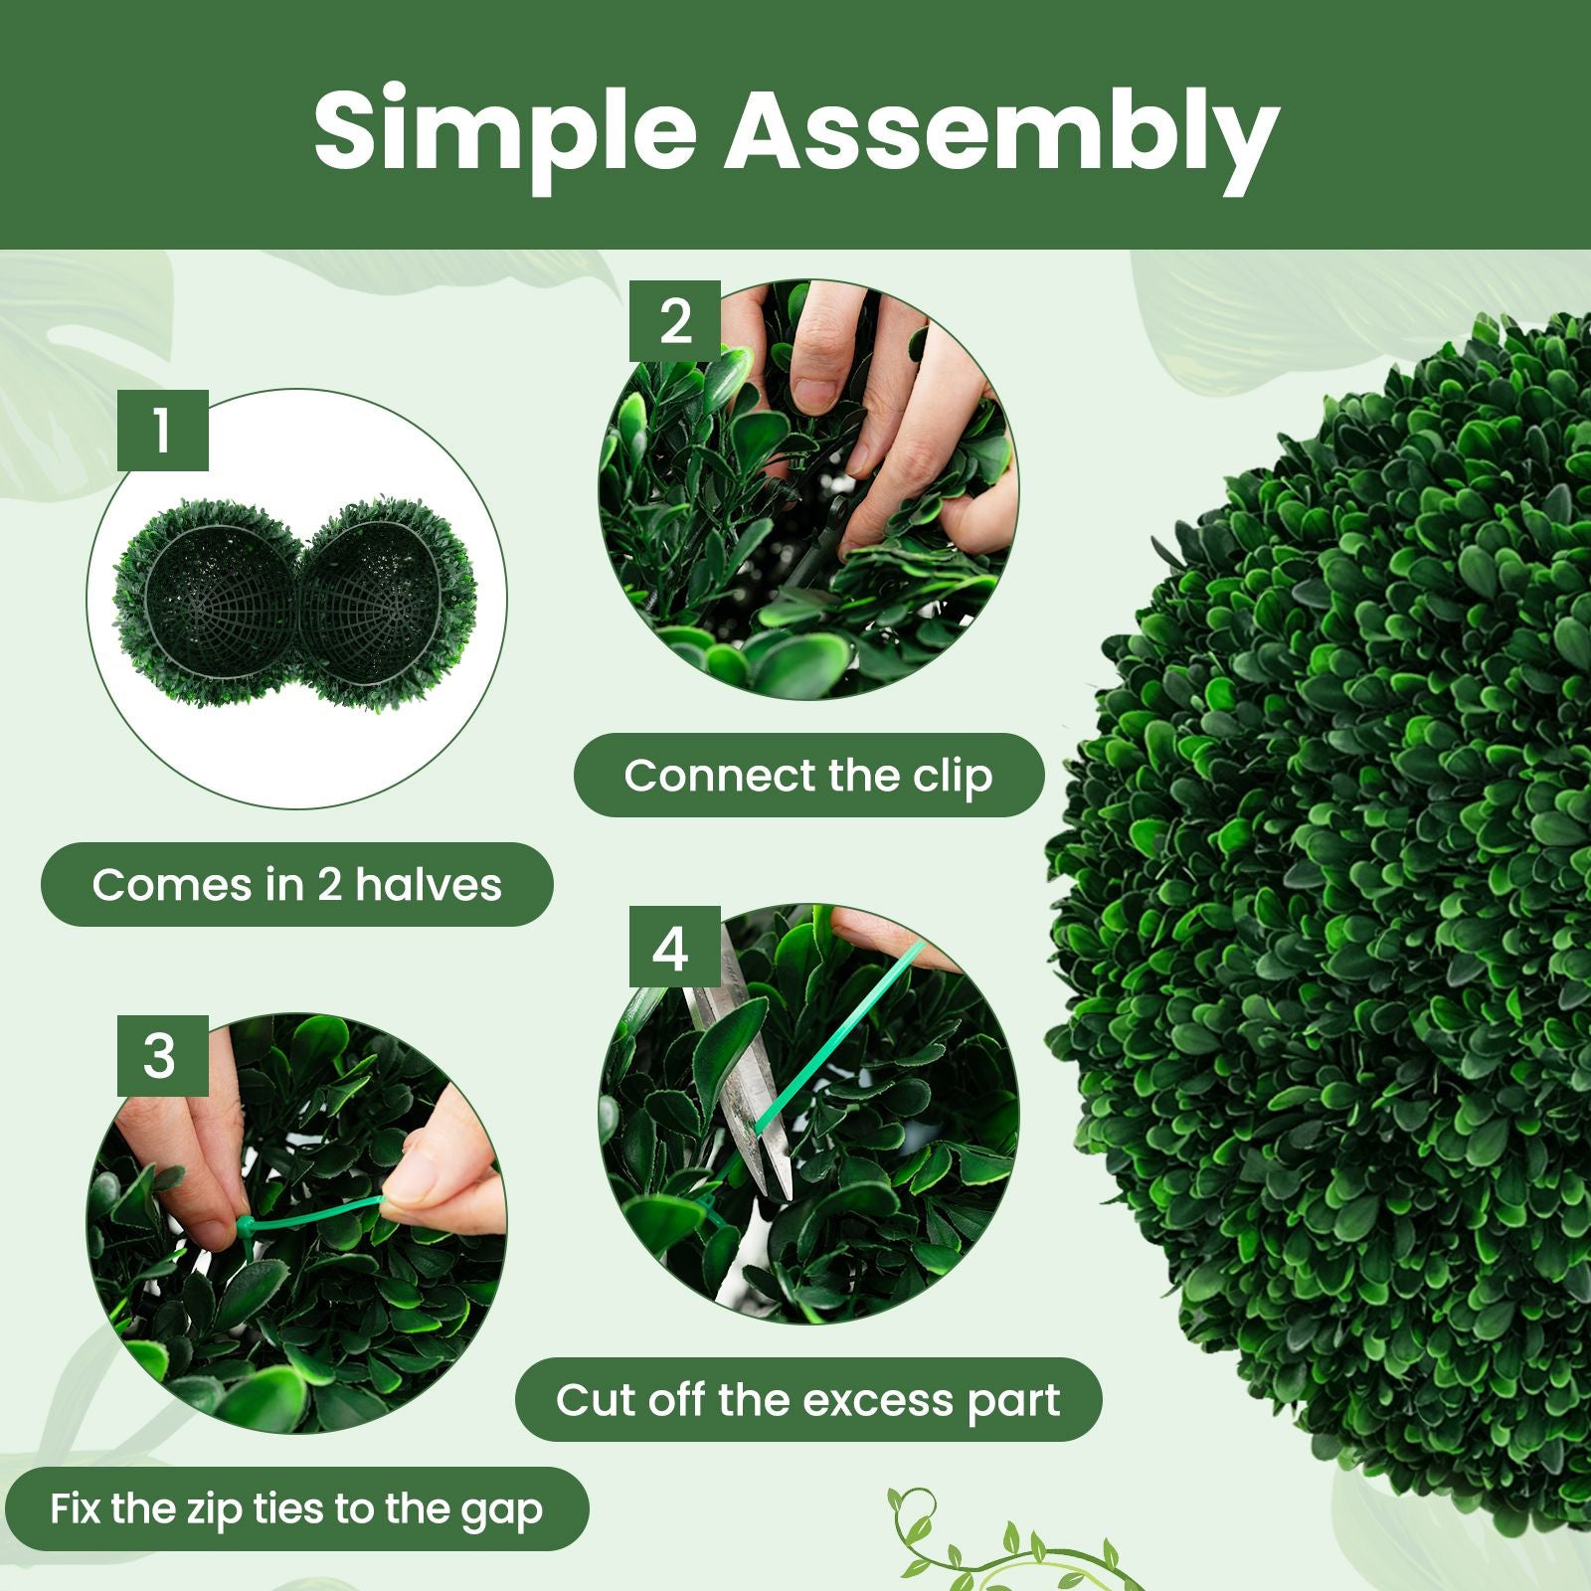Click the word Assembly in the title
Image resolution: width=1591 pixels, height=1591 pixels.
click(x=999, y=134)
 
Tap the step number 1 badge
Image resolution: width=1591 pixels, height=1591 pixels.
click(x=162, y=431)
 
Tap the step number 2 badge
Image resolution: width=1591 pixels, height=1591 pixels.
click(x=675, y=321)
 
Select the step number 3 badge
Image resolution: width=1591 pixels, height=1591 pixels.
click(x=162, y=1055)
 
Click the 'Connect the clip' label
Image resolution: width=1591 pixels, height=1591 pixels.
click(x=808, y=776)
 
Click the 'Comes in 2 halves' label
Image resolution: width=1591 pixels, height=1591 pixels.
click(x=296, y=884)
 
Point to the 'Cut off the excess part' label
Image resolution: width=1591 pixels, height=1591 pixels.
click(x=807, y=1399)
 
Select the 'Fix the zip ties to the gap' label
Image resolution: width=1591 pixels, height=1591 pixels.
click(x=296, y=1508)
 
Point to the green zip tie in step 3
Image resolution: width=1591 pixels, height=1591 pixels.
click(x=308, y=1214)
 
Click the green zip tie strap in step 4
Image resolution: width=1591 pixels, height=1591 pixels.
click(x=835, y=1044)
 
